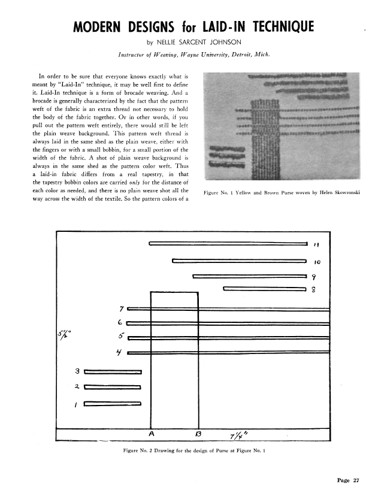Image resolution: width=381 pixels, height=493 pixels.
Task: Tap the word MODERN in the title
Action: (x=99, y=27)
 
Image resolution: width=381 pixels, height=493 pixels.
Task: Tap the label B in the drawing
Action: (x=198, y=432)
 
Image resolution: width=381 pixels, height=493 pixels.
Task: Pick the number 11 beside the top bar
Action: (x=319, y=244)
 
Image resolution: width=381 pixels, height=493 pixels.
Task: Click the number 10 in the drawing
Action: (x=318, y=262)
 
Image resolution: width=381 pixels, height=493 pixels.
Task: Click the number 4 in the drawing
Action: (x=120, y=352)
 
